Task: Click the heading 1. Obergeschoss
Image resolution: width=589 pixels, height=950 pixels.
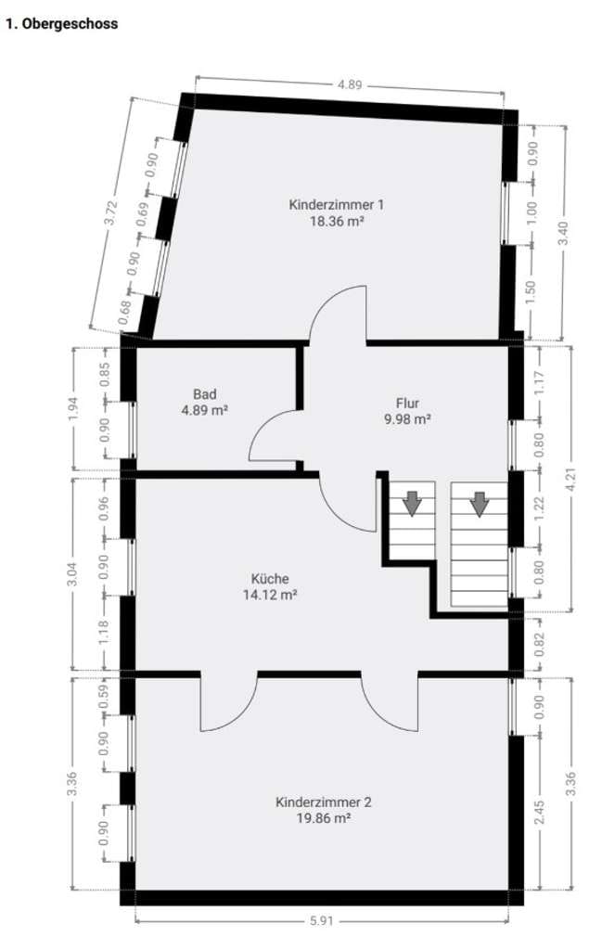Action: pos(62,24)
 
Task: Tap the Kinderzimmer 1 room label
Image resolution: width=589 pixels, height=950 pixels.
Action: pos(337,205)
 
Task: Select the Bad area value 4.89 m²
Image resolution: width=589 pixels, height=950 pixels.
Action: pos(204,410)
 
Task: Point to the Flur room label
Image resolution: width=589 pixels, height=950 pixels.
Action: pos(407,403)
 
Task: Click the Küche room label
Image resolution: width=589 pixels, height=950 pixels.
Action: pos(270,579)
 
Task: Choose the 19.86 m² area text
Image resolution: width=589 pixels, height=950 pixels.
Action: pos(323,818)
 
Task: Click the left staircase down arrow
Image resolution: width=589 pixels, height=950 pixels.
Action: pos(412,504)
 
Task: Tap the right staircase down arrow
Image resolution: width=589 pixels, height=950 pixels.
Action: pos(480,504)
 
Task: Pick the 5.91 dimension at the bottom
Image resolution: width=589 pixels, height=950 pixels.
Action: pos(322,921)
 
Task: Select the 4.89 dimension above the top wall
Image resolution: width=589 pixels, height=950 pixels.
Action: pos(350,84)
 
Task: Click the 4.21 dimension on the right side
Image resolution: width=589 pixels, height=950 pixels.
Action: pos(570,479)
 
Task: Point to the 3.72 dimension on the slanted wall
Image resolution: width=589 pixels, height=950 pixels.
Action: pos(111,212)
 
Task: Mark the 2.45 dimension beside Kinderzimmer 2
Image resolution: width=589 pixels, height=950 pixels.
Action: pos(539,812)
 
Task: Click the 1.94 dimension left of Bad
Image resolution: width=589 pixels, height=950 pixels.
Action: pos(73,409)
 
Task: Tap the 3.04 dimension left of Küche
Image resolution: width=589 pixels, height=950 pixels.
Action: pos(72,573)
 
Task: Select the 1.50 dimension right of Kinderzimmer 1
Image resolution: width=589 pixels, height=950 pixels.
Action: pos(531,293)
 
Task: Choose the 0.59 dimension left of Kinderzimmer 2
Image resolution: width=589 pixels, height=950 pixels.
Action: pos(104,695)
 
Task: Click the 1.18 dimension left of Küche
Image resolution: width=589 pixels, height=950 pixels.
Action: pos(104,632)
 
